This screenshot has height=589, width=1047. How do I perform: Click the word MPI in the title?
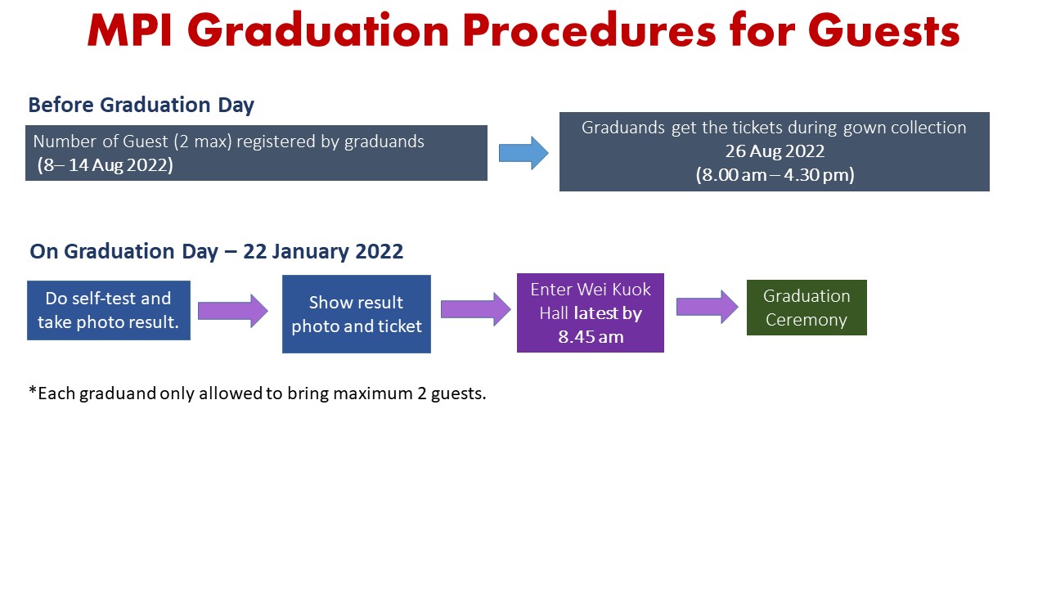(x=129, y=31)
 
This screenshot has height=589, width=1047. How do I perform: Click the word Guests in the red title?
(x=884, y=31)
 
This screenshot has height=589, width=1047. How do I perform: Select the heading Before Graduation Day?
(x=142, y=106)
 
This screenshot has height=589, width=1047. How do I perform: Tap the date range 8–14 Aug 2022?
(x=106, y=165)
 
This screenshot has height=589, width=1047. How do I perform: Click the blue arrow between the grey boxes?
(x=523, y=153)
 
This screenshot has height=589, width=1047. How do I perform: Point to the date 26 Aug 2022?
(x=775, y=151)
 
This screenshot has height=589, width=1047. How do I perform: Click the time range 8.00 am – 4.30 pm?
(x=775, y=175)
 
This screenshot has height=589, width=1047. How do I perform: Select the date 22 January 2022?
(x=323, y=251)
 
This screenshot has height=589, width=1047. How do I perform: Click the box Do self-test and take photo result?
(x=109, y=310)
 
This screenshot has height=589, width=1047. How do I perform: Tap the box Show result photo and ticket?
(x=356, y=313)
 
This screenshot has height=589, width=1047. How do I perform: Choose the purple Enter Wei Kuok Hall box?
(x=591, y=312)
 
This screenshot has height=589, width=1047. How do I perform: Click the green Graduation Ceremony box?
(x=807, y=308)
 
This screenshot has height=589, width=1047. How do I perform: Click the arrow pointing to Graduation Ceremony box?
(x=708, y=307)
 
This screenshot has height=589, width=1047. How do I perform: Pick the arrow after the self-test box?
(x=233, y=311)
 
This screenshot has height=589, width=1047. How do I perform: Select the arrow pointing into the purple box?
(x=476, y=309)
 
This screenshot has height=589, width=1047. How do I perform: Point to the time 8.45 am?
(x=591, y=336)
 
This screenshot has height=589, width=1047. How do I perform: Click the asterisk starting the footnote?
(x=32, y=390)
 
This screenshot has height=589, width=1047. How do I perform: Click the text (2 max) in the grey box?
(x=203, y=142)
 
